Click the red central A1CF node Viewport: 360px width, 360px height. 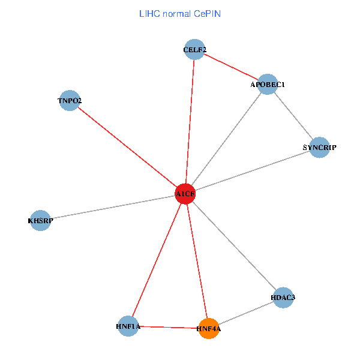(x=185, y=194)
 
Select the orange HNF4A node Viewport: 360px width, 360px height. (x=208, y=328)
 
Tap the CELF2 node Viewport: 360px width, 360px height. (x=194, y=50)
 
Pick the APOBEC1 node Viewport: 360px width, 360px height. (x=267, y=85)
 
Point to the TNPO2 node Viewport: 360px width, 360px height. (x=70, y=101)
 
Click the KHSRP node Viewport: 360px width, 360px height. (x=40, y=221)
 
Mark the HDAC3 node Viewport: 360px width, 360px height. (x=283, y=297)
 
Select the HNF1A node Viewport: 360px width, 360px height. (x=128, y=326)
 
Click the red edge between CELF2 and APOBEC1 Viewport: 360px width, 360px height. (x=231, y=67)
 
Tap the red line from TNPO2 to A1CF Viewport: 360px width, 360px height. (x=127, y=148)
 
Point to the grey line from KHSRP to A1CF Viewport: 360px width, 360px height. (x=113, y=208)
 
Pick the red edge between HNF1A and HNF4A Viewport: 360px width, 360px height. (x=168, y=327)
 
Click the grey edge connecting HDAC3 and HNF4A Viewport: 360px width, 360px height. (x=245, y=313)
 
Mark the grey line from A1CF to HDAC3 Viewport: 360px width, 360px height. (x=234, y=245)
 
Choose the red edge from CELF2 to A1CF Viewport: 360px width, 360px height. (x=190, y=122)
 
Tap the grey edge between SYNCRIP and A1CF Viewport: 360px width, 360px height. (x=252, y=170)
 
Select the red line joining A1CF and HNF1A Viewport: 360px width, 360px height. (x=157, y=260)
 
